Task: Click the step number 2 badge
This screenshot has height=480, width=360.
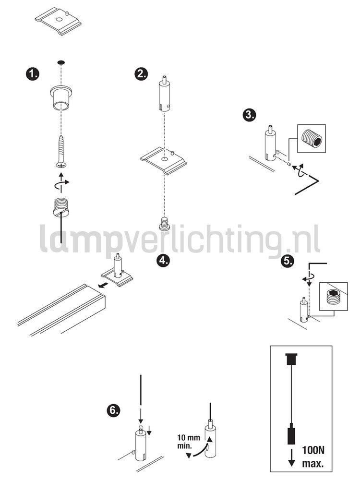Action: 141,73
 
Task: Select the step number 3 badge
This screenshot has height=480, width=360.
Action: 249,115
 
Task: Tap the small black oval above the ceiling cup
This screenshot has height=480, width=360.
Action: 60,62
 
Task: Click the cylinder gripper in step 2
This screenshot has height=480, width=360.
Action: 164,93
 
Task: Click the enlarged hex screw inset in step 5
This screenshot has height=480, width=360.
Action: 334,298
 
